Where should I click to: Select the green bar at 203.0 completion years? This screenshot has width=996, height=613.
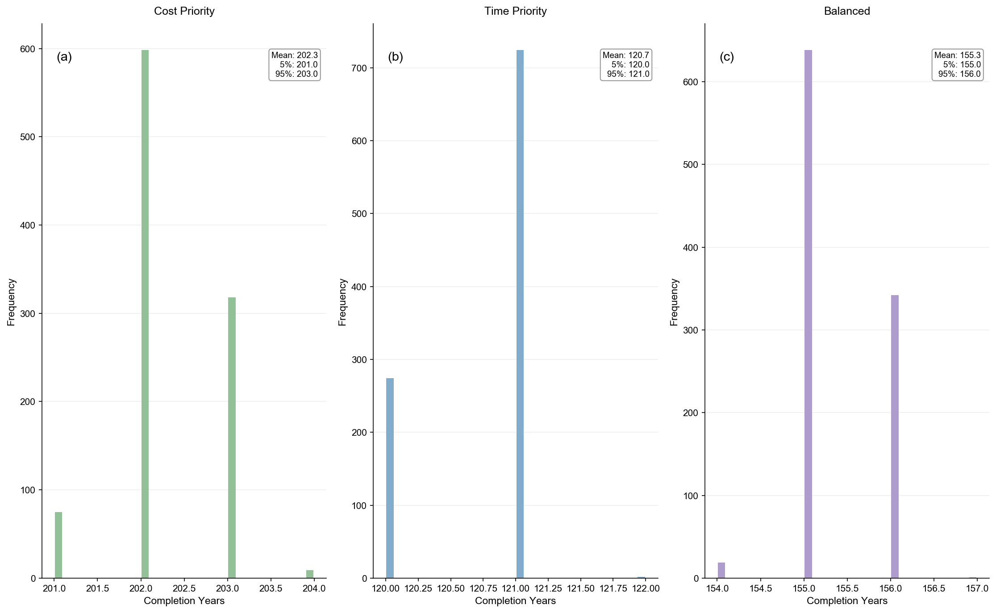point(232,438)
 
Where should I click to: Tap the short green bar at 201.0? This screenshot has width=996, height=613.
point(58,545)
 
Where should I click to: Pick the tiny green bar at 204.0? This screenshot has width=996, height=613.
point(310,574)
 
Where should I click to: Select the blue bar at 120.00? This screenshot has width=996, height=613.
point(390,478)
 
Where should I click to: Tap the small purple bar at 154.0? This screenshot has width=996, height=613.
point(721,570)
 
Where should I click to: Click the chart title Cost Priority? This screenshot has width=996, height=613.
point(184,11)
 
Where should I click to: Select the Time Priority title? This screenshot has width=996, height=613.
point(515,11)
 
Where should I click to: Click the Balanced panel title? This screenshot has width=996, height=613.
point(847,11)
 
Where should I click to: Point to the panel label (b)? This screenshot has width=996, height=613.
point(396,57)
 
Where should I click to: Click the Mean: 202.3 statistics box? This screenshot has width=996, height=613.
point(295,65)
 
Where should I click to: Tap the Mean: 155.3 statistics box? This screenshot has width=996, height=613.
point(958,65)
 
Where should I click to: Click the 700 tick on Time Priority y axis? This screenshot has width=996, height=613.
point(360,68)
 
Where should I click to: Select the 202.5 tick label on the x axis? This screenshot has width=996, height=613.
point(184,589)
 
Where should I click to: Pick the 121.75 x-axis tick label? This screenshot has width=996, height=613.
point(613,589)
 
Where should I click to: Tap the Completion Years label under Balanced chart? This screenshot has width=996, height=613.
point(847,601)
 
